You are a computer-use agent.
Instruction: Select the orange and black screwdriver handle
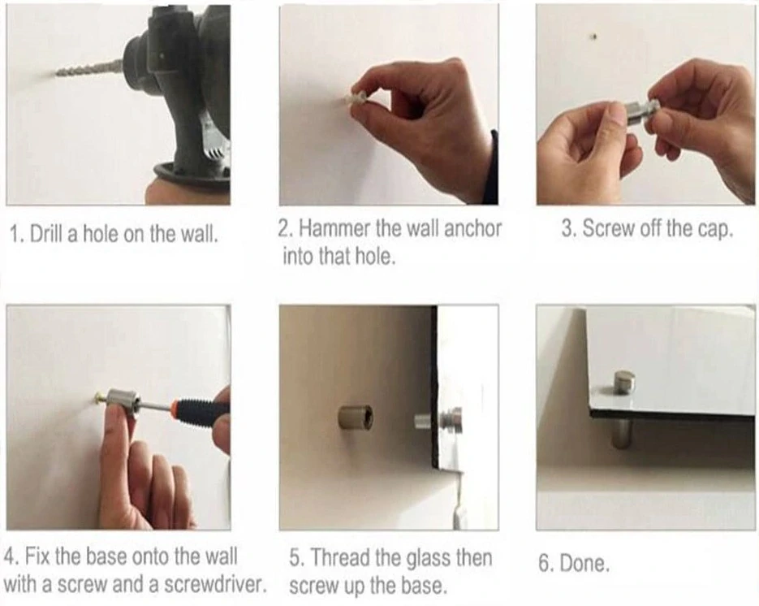[199, 411]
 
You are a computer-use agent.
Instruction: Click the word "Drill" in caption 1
[46, 234]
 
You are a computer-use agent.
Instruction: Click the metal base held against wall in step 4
[123, 401]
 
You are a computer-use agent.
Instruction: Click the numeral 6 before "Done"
[544, 564]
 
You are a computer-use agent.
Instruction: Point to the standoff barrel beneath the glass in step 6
[622, 433]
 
